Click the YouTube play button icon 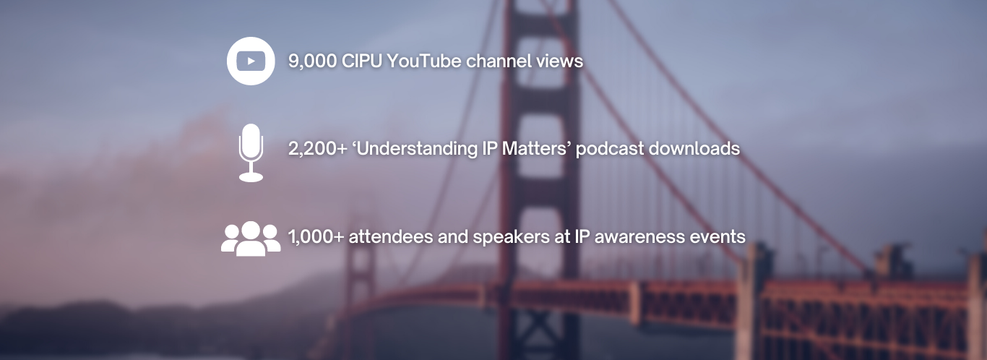(x=251, y=61)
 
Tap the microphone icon (x=251, y=153)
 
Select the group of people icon (x=251, y=239)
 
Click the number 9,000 (x=312, y=61)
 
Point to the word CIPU (x=362, y=61)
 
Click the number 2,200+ (x=318, y=149)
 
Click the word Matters (x=533, y=148)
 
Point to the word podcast (x=610, y=149)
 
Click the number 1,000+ (x=316, y=237)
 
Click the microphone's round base (x=251, y=177)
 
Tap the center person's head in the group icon (x=251, y=230)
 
